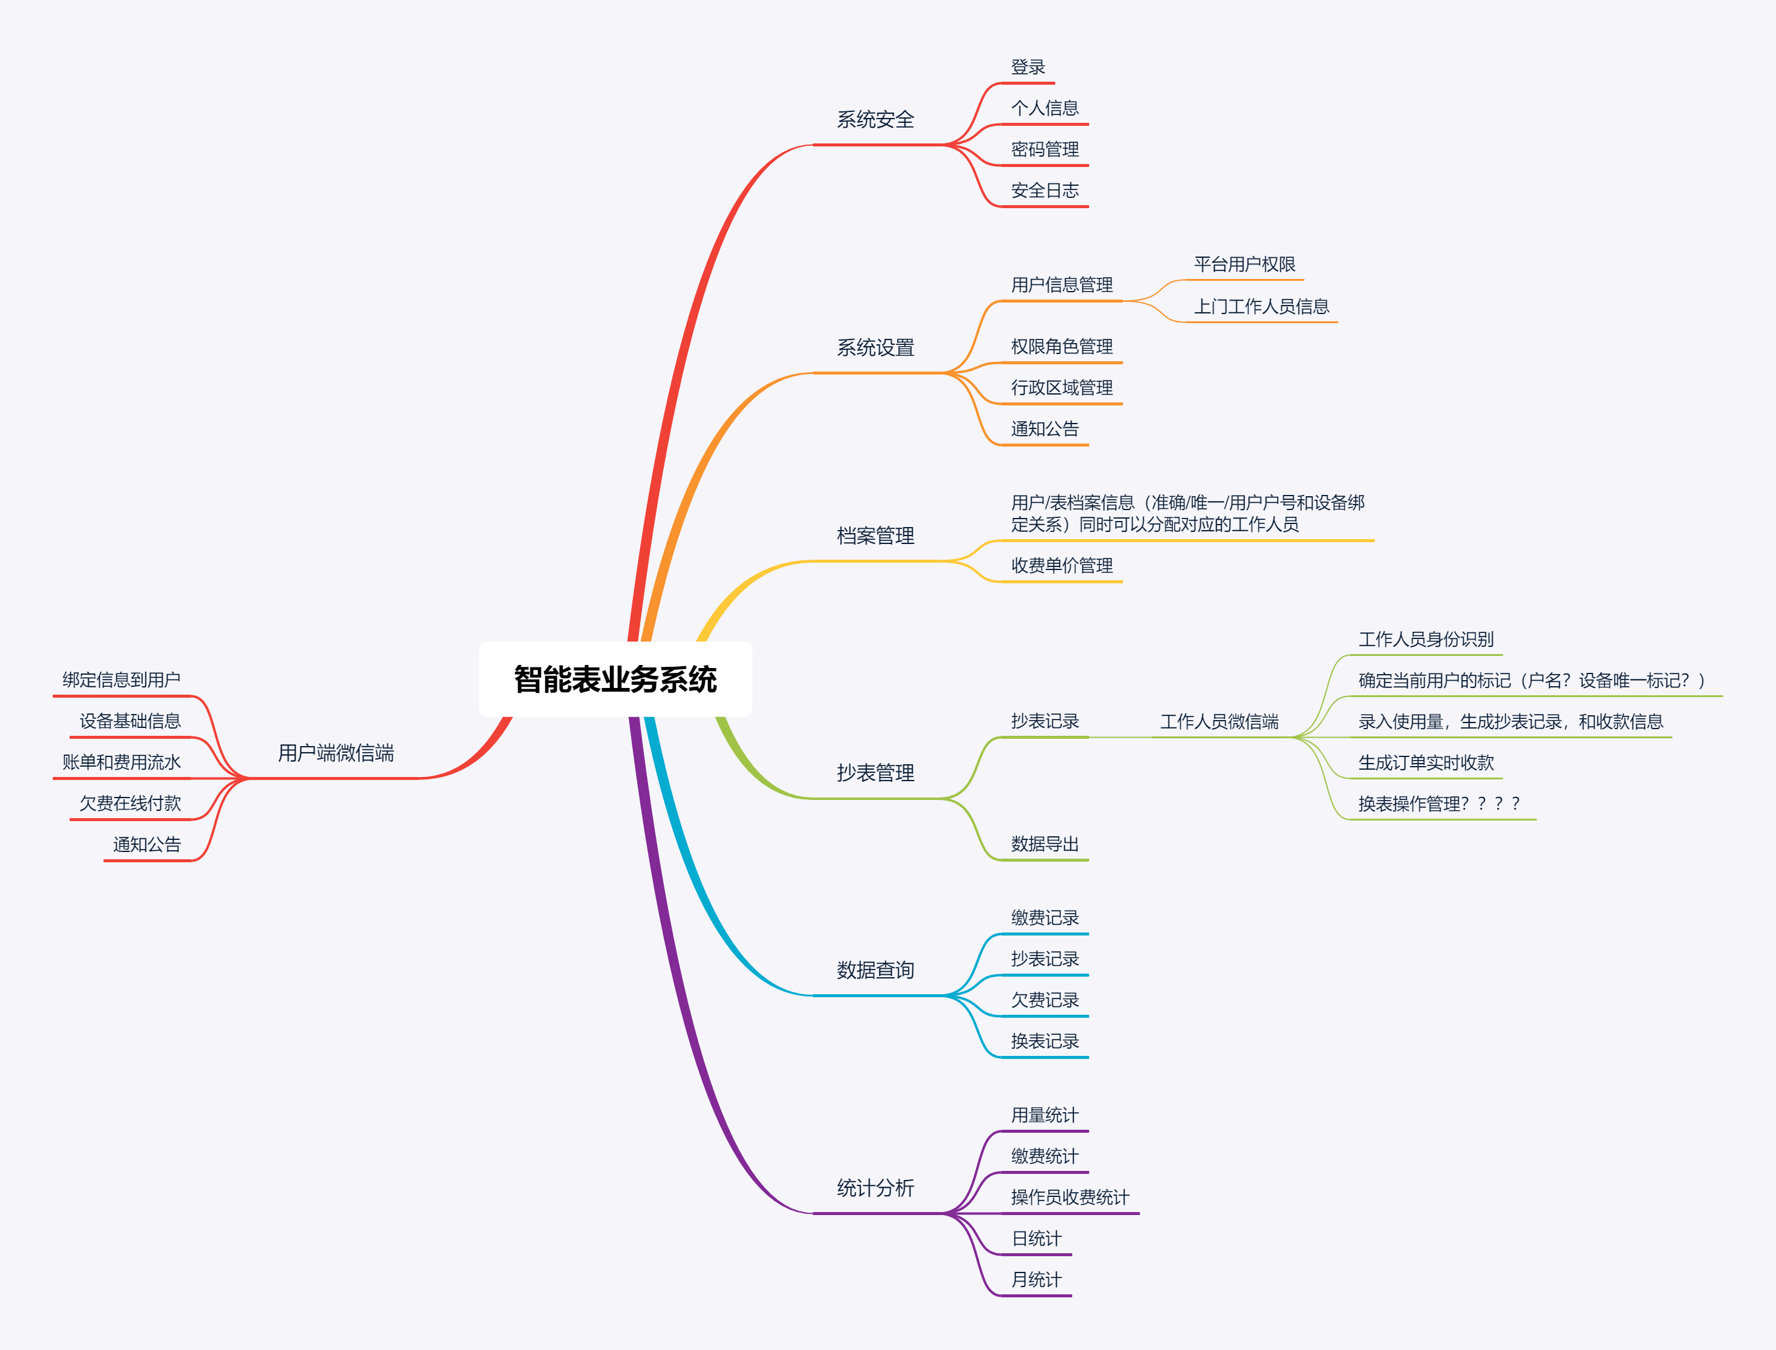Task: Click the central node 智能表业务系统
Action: point(615,679)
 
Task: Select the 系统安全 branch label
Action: point(875,120)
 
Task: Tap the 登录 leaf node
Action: point(1028,68)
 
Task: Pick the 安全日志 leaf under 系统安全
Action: point(1044,191)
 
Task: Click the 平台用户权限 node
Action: point(1244,264)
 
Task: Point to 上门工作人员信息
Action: point(1261,306)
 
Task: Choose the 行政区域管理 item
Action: point(1061,387)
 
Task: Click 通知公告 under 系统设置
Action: point(1044,429)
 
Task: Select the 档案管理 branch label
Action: point(875,536)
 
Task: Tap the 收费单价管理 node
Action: point(1061,566)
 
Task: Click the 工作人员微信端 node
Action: point(1218,722)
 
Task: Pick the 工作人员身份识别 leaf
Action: point(1426,640)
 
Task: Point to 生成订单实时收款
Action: point(1426,762)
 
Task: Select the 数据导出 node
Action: point(1044,844)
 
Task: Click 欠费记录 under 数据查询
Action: point(1044,1000)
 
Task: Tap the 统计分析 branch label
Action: point(875,1188)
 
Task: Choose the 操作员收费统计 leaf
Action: point(1070,1198)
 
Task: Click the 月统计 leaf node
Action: point(1036,1279)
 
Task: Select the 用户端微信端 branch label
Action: point(336,753)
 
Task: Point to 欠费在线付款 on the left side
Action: point(130,804)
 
